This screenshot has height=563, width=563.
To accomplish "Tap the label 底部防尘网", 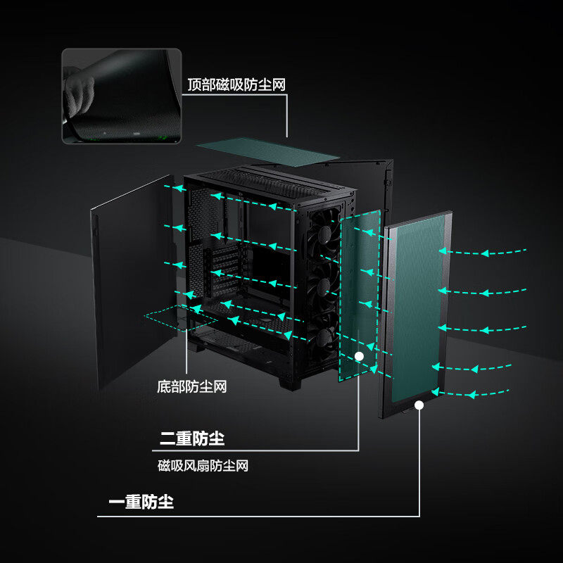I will [x=191, y=386].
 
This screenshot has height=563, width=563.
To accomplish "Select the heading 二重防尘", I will [x=191, y=439].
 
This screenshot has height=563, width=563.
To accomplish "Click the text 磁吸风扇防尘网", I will [x=203, y=465].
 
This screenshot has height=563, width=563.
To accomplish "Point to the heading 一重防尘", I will [x=141, y=502].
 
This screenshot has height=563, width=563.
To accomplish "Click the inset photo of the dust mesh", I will [x=122, y=96].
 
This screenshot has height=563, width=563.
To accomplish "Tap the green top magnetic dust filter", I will [x=267, y=151].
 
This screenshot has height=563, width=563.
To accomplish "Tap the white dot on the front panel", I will [x=419, y=405].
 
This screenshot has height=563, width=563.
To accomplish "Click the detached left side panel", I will [x=130, y=281].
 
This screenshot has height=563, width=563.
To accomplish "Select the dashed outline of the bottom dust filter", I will [x=172, y=318].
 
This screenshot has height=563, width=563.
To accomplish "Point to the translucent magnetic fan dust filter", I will [x=359, y=296].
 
